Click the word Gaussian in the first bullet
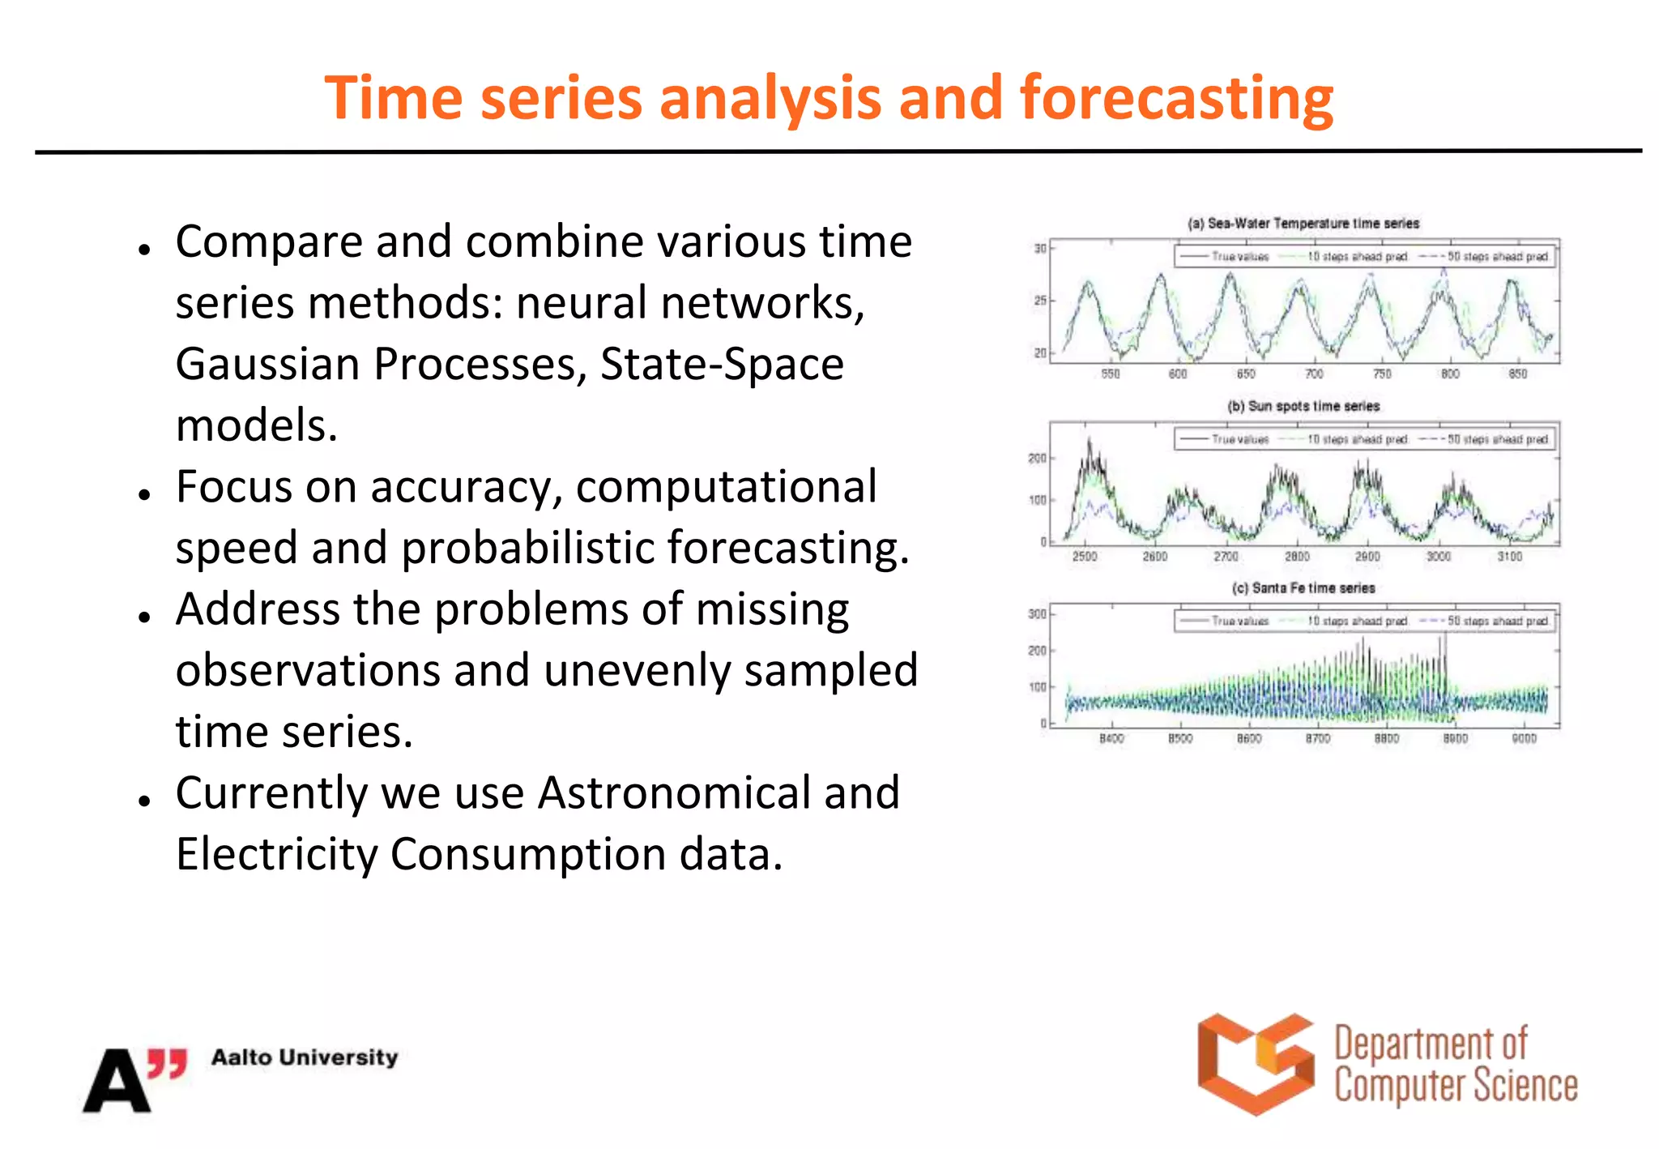tap(266, 364)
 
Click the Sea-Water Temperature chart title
tap(1303, 223)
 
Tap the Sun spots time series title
tap(1303, 406)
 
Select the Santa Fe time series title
tap(1303, 588)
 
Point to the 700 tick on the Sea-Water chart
tap(1314, 374)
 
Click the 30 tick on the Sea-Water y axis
tap(1039, 249)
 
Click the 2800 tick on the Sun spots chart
tap(1297, 557)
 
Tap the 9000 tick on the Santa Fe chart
tap(1524, 738)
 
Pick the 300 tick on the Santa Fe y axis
tap(1037, 614)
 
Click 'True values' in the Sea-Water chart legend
tap(1239, 257)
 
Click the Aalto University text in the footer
tap(305, 1057)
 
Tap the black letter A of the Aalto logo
tap(116, 1082)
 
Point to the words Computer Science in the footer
tap(1456, 1086)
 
